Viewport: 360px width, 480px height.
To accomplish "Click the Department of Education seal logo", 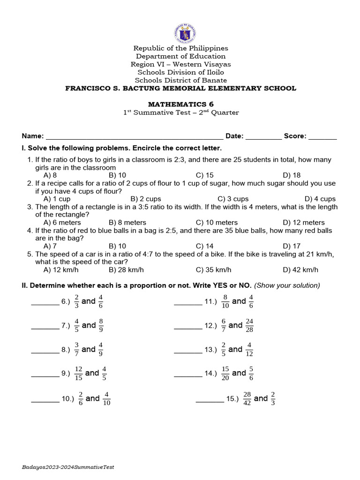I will (x=184, y=33).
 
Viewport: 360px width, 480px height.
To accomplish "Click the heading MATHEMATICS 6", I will (x=180, y=104).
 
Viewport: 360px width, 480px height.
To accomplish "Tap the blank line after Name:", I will (x=134, y=136).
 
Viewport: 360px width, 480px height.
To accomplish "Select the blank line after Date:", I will (x=263, y=136).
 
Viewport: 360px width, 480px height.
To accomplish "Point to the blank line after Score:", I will (x=322, y=136).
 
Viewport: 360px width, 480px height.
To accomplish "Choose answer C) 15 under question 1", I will (x=205, y=175).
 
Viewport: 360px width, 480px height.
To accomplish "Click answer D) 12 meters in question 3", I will (x=304, y=222).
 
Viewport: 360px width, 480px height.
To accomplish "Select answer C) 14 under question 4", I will (x=205, y=246).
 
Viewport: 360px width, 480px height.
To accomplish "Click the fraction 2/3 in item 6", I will (x=76, y=301).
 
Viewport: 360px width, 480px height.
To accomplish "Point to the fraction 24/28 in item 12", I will (x=249, y=325).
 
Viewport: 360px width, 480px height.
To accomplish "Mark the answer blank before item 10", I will (x=45, y=399).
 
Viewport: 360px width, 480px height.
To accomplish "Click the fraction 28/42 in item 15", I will (x=247, y=398).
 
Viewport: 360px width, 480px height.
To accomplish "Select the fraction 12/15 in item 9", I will (x=78, y=373).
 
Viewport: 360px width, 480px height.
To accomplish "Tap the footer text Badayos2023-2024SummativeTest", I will (x=68, y=467).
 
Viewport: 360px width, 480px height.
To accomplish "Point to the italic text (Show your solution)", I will (x=287, y=285).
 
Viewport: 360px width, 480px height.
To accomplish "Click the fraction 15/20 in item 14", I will (x=225, y=373).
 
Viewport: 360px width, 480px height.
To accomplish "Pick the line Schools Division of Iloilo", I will (x=180, y=72).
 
